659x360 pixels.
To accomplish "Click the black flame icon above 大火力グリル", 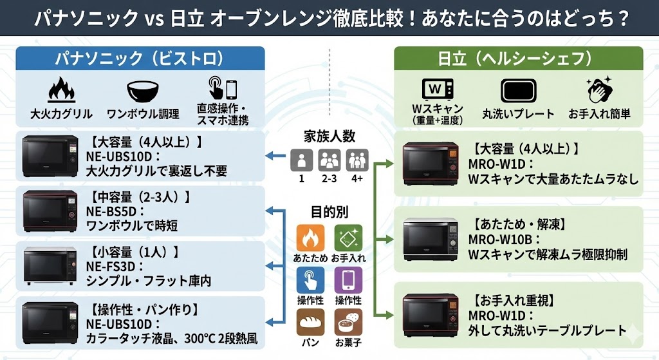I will coord(61,90).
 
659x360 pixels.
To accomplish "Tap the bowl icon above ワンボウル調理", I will coord(143,90).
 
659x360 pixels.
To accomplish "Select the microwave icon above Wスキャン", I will coord(437,89).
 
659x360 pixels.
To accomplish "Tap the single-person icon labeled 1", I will coord(301,159).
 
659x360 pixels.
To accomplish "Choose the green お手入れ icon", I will coord(348,238).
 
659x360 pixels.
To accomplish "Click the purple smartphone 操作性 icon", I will coord(348,280).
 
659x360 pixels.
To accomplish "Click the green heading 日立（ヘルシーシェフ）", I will coord(514,59).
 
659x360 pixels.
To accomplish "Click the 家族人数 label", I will coord(329,136).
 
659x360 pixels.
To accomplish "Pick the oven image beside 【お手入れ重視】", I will coord(431,315).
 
